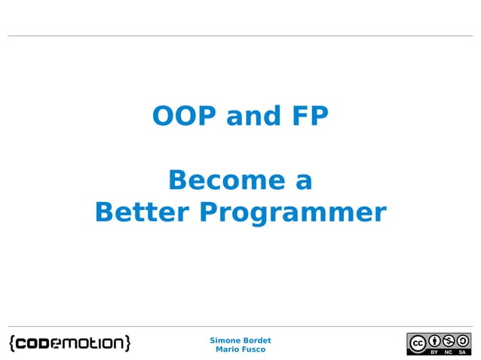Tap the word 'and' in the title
(250, 117)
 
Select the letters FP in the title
(307, 117)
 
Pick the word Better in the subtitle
(142, 212)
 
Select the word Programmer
(293, 213)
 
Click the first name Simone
(224, 340)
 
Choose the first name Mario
(228, 349)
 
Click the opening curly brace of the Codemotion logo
(13, 343)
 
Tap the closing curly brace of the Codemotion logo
(127, 343)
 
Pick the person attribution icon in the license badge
(434, 340)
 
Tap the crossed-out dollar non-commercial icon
(449, 340)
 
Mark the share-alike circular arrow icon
(462, 340)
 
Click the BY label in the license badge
(434, 351)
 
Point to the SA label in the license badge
(462, 351)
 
